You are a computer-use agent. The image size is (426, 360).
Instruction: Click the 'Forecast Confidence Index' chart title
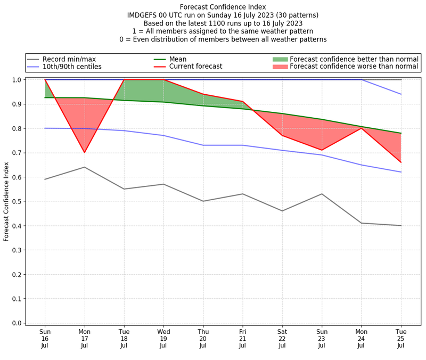coord(223,7)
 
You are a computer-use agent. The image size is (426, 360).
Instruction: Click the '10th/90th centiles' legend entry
coord(72,67)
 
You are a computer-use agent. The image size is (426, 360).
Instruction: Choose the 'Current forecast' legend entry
coord(195,67)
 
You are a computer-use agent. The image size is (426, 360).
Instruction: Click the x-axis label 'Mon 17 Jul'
coord(84,338)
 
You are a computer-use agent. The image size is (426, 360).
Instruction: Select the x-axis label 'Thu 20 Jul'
coord(203,338)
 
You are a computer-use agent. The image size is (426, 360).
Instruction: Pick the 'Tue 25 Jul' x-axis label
coord(400,338)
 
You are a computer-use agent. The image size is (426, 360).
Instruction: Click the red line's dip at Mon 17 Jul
coord(84,152)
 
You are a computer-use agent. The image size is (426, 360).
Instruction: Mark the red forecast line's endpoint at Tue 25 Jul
coord(400,162)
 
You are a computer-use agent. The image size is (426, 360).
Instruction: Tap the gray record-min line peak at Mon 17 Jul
coord(84,167)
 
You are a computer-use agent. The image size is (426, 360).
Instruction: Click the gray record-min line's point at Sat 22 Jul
coord(282,211)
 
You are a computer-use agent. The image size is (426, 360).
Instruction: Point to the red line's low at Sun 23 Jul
coord(321,150)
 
